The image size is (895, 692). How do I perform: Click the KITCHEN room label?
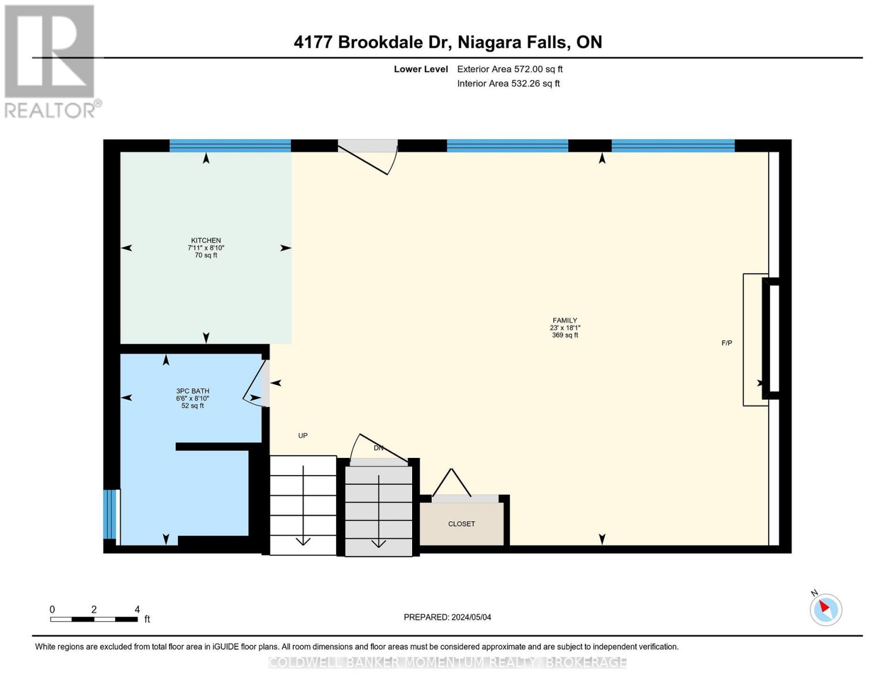(206, 241)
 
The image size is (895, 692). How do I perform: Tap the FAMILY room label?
(565, 321)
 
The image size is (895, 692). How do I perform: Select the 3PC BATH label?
(192, 392)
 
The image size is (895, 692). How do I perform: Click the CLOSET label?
(462, 524)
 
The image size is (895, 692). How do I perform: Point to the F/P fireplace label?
(727, 343)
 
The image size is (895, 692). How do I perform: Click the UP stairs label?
(303, 436)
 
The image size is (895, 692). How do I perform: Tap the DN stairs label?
(379, 448)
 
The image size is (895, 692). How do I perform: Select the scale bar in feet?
(94, 619)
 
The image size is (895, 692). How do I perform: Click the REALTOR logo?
(50, 61)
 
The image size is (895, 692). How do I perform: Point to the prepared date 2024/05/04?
(447, 617)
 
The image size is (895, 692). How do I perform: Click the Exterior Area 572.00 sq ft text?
(509, 69)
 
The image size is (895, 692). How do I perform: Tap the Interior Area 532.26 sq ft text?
(508, 84)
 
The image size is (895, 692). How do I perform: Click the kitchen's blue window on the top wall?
(230, 145)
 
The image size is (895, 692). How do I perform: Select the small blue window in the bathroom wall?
(109, 514)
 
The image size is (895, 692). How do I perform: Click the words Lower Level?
(421, 69)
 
